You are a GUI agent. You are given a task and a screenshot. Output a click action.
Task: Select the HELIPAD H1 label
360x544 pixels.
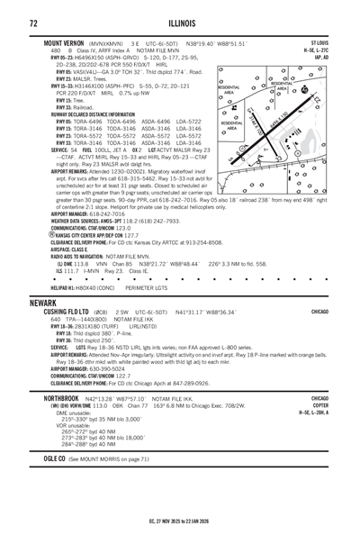[56, 287]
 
